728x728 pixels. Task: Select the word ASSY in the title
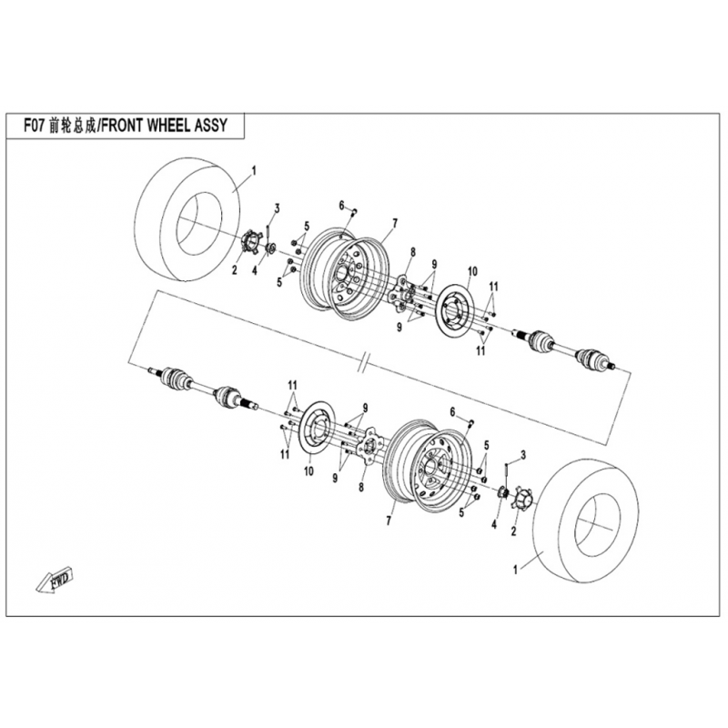pos(216,126)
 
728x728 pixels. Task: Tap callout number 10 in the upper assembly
pos(472,272)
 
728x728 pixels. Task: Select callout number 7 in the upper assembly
pos(395,223)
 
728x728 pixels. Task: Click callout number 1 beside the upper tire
pos(254,170)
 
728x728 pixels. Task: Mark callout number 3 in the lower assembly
pos(523,453)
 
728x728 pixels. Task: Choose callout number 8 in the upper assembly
pos(412,251)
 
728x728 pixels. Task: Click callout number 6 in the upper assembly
pos(342,205)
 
